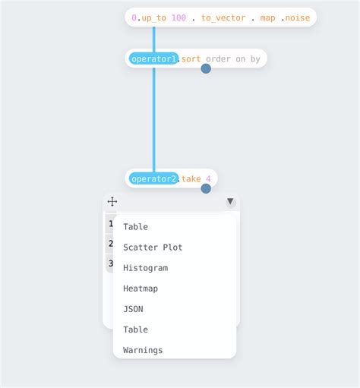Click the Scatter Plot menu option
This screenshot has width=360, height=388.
(153, 248)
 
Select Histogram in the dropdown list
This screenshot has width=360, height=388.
(145, 268)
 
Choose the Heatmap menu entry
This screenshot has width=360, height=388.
(141, 289)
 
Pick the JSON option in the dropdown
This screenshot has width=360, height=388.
(133, 309)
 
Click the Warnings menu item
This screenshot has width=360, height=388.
(143, 350)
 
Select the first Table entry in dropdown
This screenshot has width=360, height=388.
(135, 227)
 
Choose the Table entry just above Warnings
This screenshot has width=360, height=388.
(135, 330)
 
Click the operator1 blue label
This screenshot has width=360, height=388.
(153, 58)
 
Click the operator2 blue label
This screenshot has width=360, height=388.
(153, 178)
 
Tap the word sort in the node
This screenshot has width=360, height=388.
(191, 58)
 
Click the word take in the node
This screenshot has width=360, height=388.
(191, 178)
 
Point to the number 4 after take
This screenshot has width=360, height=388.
(209, 178)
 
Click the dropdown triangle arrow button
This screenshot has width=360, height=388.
(230, 202)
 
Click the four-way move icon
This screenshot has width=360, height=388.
(112, 201)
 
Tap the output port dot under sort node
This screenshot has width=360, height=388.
(206, 68)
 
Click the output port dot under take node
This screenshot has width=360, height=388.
(206, 188)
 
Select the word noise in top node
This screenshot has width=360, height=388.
(297, 17)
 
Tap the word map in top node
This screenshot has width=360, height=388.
(267, 17)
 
